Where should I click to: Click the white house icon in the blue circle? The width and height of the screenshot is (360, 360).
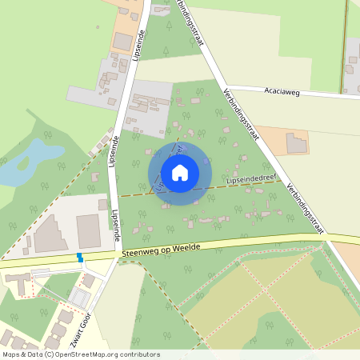coord(180,172)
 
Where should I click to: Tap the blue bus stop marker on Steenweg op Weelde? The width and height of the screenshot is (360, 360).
coord(79,257)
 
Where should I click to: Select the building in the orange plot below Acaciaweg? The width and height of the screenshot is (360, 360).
coord(296,143)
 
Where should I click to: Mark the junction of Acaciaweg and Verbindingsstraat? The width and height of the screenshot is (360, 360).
coord(226,86)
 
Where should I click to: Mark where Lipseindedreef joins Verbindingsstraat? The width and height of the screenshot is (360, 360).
coord(283,181)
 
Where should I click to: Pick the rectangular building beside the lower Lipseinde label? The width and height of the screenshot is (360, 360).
coord(88,230)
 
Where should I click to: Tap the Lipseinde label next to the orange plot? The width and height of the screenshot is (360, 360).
coord(142,44)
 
